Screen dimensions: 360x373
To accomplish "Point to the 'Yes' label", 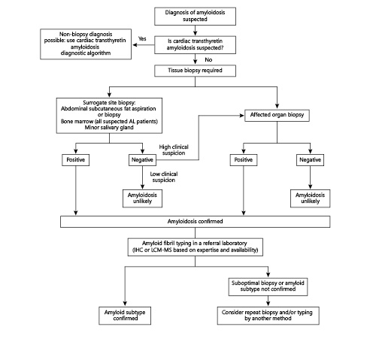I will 142,38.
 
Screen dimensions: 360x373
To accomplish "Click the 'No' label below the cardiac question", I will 207,59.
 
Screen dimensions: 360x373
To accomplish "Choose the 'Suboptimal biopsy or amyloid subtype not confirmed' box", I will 269,286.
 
